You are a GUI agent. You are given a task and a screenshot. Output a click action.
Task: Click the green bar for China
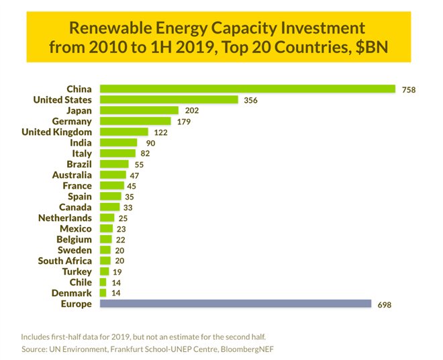247,89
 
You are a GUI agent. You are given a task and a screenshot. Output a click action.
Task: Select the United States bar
169,99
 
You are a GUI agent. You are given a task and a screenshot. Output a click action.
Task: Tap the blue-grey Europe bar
235,304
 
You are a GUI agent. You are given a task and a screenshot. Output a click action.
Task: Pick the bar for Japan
139,110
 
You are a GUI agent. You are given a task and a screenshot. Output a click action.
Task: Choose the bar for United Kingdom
124,132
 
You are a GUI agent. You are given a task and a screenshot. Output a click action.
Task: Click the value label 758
408,89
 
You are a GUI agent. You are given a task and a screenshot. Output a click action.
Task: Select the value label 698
384,304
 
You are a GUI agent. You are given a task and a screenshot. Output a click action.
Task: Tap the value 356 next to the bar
251,100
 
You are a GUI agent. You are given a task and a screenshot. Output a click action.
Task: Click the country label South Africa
65,261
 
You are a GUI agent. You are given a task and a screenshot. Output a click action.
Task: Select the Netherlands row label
65,218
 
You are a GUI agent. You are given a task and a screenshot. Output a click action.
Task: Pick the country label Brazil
79,164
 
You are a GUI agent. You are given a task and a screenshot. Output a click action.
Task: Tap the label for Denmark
72,293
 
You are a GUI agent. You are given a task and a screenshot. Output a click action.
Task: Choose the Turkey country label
78,271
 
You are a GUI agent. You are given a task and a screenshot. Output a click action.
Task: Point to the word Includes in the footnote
38,336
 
